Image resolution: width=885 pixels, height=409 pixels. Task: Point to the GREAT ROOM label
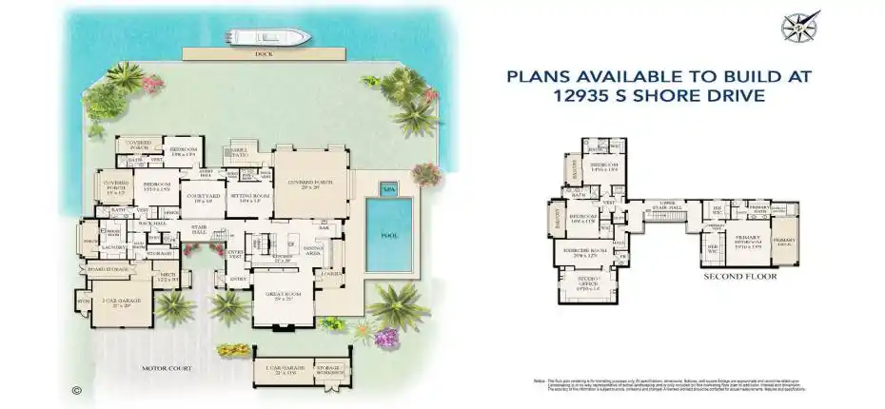coord(286,297)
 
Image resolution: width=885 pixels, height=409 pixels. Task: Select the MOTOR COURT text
coord(167,367)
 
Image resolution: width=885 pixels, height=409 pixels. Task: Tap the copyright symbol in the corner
coord(75,390)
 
